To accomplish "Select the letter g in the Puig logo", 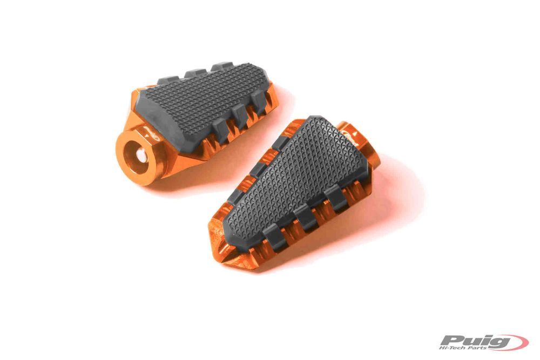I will coord(499,342).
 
